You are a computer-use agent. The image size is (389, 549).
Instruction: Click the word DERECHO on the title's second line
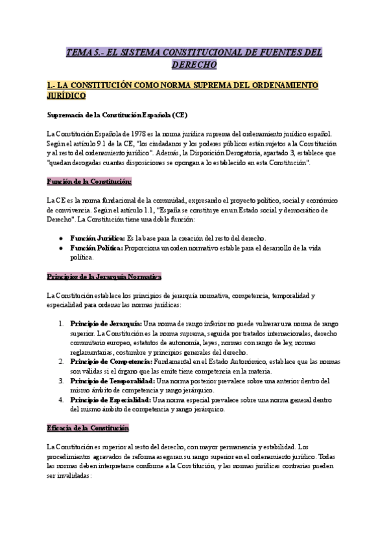point(194,65)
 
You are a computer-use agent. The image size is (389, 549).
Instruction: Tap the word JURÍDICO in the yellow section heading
point(66,96)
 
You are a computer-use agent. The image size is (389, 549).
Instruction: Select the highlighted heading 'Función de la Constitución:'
point(89,181)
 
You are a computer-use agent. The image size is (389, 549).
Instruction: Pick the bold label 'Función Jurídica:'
point(97,238)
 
